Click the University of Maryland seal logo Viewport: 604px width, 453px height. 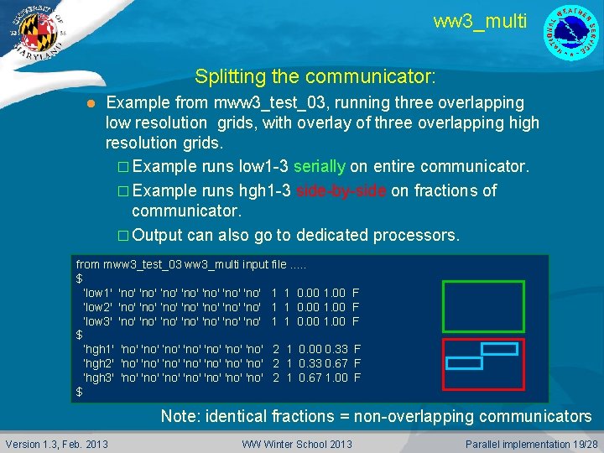pos(34,34)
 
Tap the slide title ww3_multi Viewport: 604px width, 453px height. pos(480,21)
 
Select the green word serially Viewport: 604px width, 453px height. pos(324,167)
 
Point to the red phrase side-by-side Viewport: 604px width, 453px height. pos(341,190)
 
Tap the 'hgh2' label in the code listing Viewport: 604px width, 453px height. pos(99,363)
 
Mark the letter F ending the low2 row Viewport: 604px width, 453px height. pos(356,307)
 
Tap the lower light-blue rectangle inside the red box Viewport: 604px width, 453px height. pos(463,362)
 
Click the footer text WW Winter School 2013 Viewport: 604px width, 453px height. pos(298,443)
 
